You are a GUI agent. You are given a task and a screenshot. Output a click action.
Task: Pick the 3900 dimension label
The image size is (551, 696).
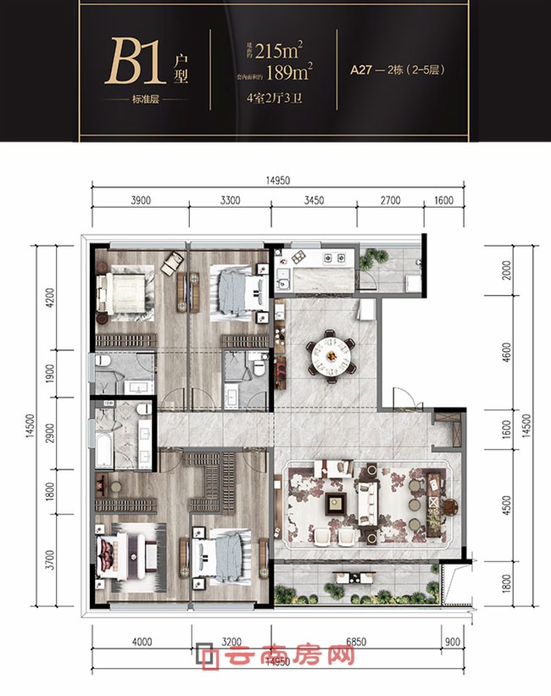(141, 201)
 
